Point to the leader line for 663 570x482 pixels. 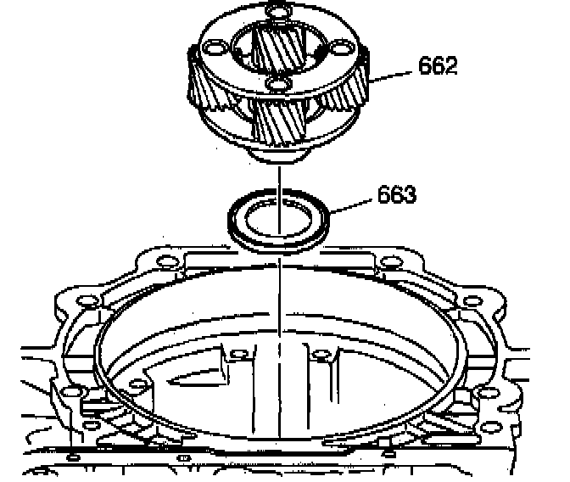click(x=353, y=204)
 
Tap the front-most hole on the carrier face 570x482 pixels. click(x=275, y=85)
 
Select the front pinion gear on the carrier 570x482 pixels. click(x=281, y=123)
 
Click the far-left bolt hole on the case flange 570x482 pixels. click(x=84, y=301)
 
